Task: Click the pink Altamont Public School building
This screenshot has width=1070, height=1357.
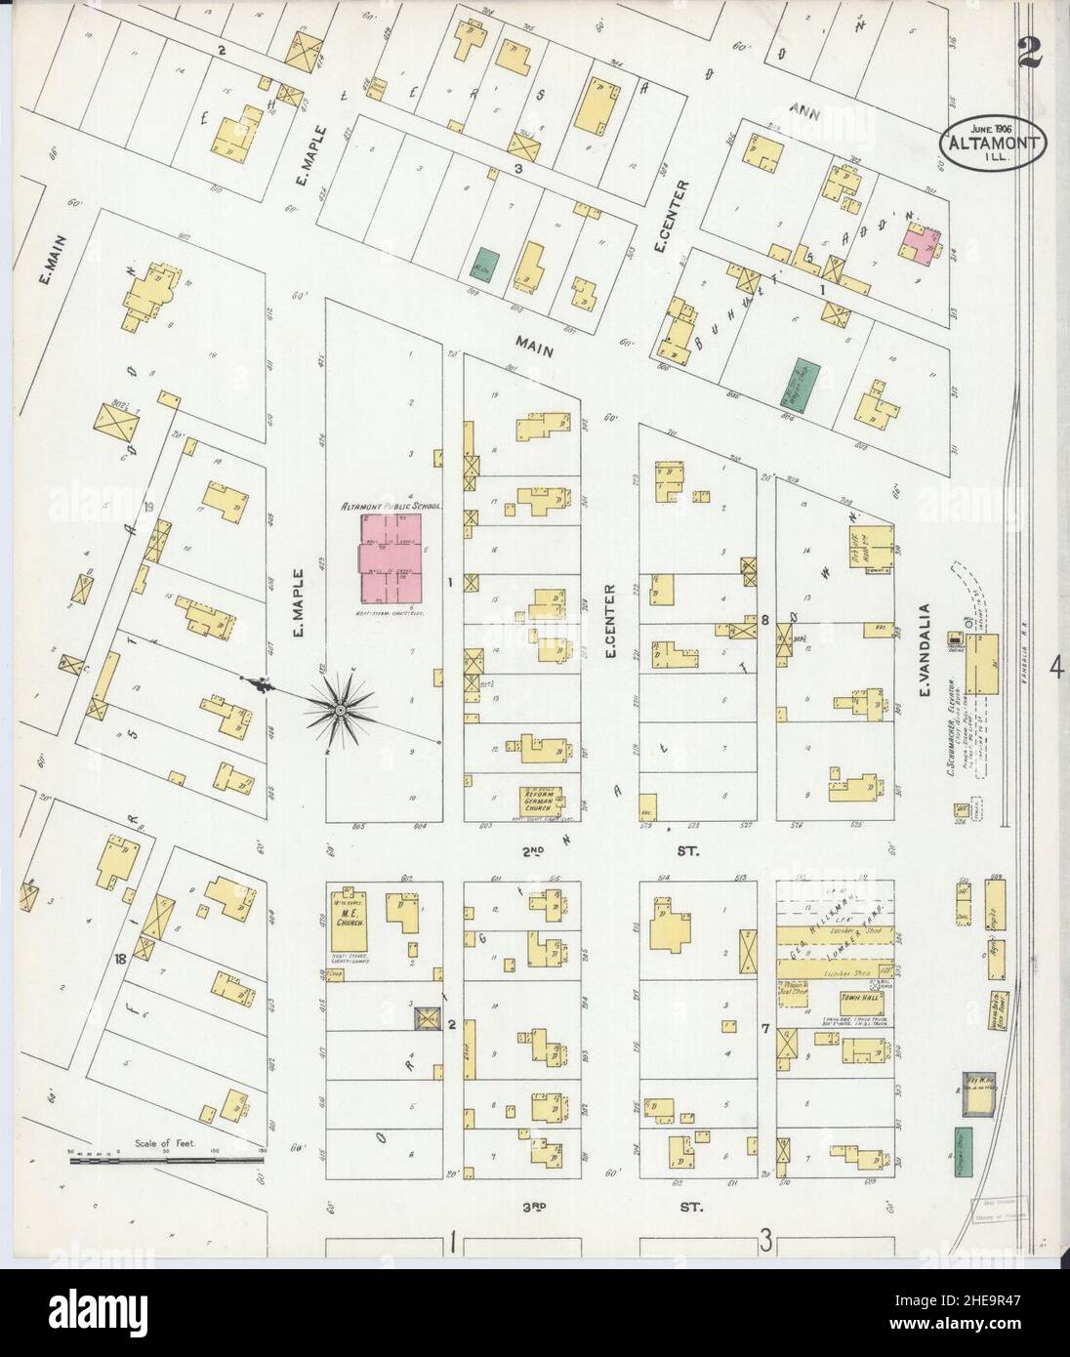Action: click(391, 558)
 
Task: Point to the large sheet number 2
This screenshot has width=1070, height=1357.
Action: click(1027, 52)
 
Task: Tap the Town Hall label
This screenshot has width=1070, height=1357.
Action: click(856, 999)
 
